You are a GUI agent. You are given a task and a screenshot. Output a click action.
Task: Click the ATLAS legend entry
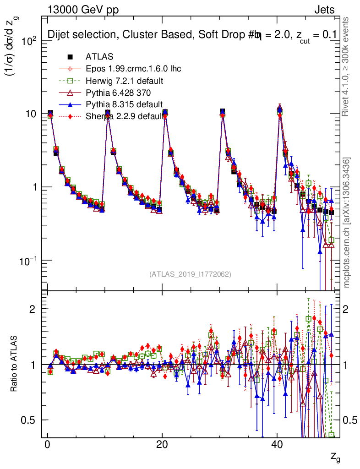click(x=99, y=57)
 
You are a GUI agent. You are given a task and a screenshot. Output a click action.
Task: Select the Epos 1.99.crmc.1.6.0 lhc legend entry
click(x=133, y=69)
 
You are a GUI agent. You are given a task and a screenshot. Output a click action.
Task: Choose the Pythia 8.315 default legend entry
click(x=124, y=104)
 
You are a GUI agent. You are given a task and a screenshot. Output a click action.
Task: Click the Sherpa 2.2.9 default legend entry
click(x=124, y=116)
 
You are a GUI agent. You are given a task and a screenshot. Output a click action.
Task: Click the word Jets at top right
click(x=324, y=10)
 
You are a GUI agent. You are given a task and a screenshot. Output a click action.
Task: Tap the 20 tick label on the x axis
click(x=162, y=446)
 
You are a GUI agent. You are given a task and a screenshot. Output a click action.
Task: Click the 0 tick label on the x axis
click(x=47, y=446)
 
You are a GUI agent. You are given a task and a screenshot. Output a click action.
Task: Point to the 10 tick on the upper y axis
click(x=33, y=114)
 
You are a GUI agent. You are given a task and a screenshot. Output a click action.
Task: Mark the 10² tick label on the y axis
click(x=32, y=40)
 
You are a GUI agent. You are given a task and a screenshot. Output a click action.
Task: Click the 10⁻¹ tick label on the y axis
click(x=30, y=261)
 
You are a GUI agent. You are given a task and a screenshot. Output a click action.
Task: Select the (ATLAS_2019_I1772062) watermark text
click(x=190, y=274)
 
